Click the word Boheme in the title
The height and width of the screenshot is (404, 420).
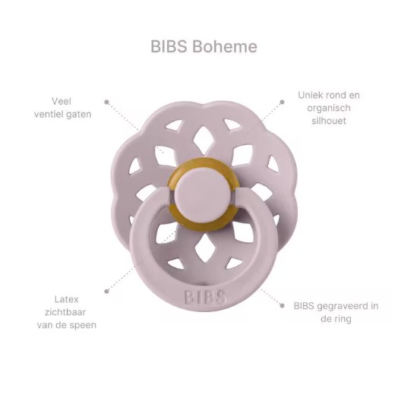pos(225,46)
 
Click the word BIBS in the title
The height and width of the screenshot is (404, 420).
pos(169,46)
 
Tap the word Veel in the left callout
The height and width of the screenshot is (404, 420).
pos(62,101)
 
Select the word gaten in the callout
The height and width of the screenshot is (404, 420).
pos(79,115)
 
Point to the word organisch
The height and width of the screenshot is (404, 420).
pos(329,109)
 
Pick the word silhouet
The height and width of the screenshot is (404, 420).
pos(329,121)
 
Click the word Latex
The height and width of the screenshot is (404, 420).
pos(66,299)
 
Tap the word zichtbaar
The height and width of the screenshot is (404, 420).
pos(65,312)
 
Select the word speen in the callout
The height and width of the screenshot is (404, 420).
pos(84,325)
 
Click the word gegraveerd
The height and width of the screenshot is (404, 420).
pos(343,306)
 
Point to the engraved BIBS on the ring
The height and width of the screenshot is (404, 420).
pos(205,297)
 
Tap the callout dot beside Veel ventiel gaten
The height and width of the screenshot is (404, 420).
pos(106,102)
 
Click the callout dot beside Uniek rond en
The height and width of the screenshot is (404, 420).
pos(282,102)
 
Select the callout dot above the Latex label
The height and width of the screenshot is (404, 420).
pos(106,291)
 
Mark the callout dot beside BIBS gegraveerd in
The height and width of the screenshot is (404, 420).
pos(282,305)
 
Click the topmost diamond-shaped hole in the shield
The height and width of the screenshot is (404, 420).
pos(203,137)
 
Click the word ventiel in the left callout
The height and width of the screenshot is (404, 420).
pos(49,115)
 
